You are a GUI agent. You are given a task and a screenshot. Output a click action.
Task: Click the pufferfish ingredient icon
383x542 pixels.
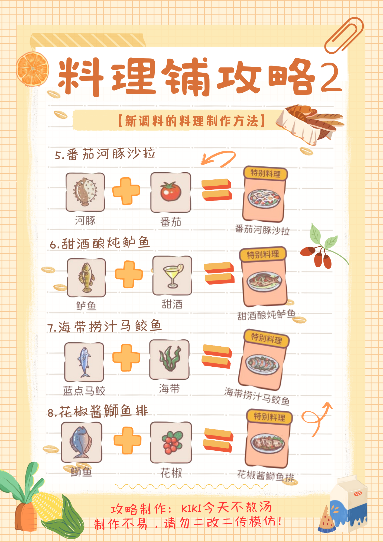pos(85,192)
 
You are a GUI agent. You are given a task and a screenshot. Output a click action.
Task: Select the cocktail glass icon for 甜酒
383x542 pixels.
pos(172,276)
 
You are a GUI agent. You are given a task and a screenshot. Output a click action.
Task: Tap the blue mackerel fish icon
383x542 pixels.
pos(84,362)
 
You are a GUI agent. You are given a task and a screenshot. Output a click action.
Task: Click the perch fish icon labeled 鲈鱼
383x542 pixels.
pos(86,278)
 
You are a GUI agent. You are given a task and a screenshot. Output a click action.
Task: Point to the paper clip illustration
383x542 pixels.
pos(344,35)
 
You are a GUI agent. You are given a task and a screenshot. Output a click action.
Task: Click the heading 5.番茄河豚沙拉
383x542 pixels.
pos(105,154)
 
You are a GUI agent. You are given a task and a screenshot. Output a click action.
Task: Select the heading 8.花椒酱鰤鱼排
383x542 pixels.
pos(98,411)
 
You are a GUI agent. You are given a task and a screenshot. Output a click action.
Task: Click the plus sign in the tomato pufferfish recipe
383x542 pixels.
pos(126,191)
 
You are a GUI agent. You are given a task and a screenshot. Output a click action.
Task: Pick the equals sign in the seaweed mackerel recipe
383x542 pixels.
pos(217,357)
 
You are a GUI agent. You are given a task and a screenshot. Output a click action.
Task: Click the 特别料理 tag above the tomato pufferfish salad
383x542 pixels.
pos(265,173)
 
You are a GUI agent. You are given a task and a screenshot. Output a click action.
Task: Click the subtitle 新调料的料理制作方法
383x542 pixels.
pos(192,121)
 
